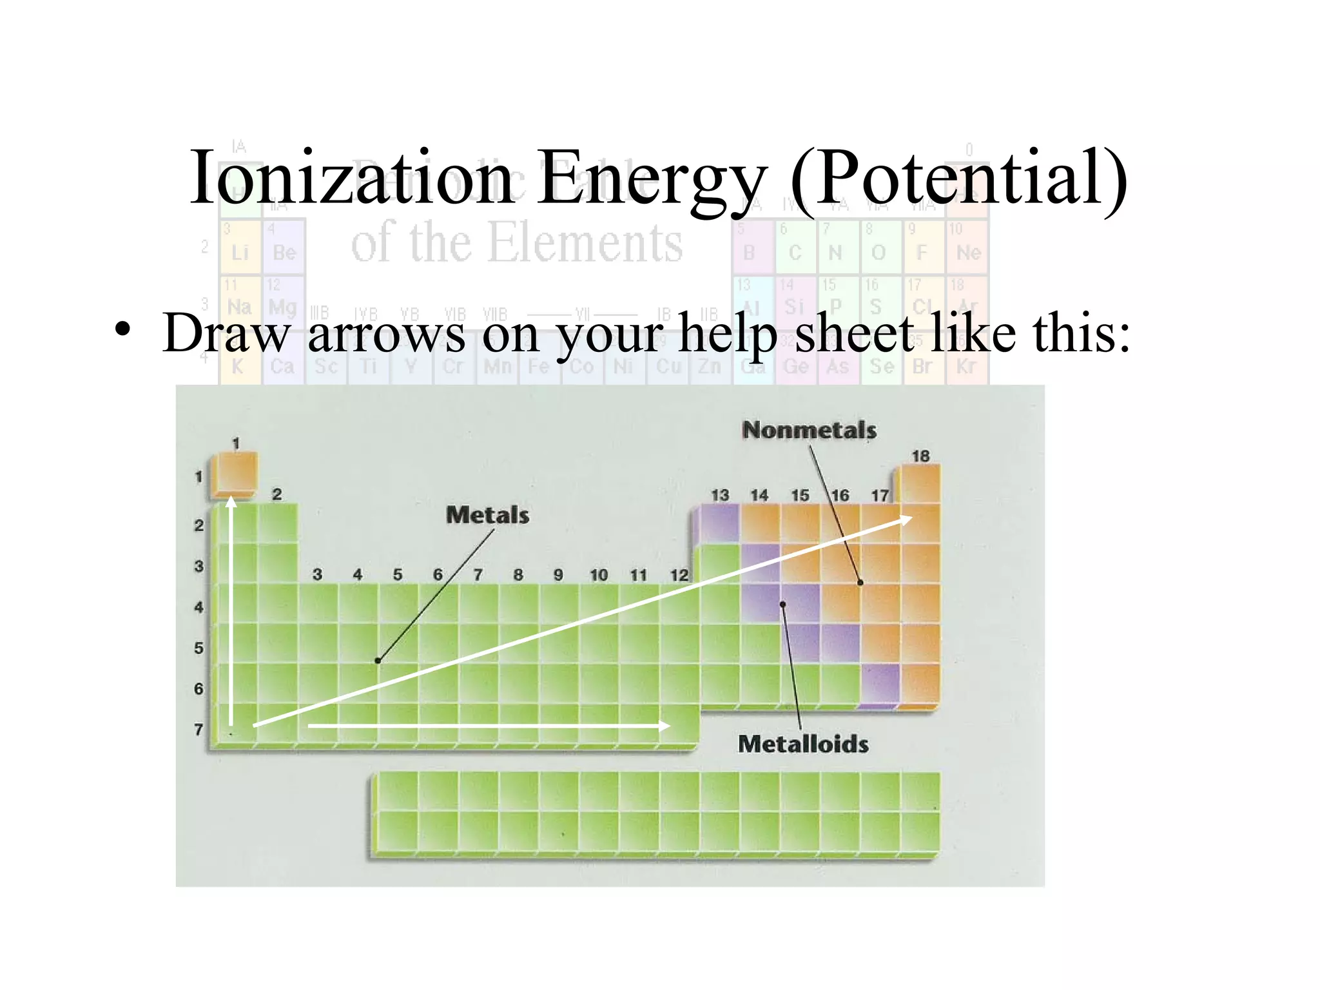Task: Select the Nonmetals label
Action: coord(809,431)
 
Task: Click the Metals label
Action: coord(487,516)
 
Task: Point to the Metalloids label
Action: coord(803,744)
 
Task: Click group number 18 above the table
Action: coord(920,456)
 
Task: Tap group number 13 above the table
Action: coord(719,496)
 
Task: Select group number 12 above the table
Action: coord(679,575)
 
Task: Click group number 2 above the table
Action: coord(277,494)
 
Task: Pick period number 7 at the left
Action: coord(199,730)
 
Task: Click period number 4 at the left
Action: coord(199,607)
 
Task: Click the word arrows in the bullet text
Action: coord(386,334)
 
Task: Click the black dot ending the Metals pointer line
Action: coord(378,661)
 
